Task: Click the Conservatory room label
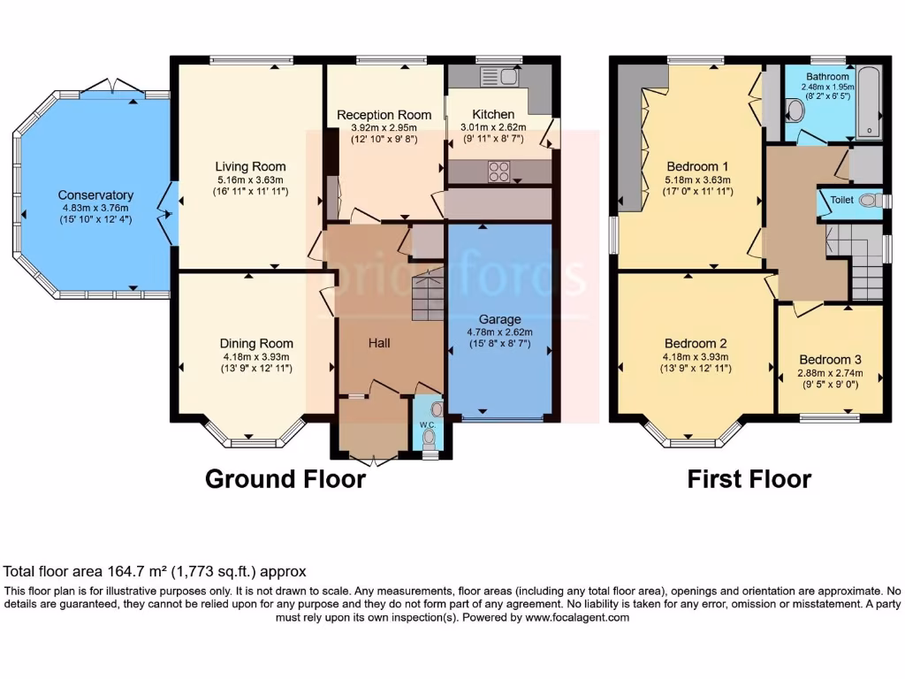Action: pyautogui.click(x=95, y=195)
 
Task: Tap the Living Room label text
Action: pyautogui.click(x=250, y=166)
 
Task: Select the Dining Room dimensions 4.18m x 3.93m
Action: pyautogui.click(x=256, y=357)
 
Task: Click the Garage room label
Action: pyautogui.click(x=500, y=319)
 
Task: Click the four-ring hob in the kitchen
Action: pyautogui.click(x=498, y=171)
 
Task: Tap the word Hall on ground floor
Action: pyautogui.click(x=379, y=342)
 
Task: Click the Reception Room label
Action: pyautogui.click(x=384, y=115)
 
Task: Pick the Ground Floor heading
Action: pyautogui.click(x=285, y=479)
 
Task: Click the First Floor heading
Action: pyautogui.click(x=749, y=479)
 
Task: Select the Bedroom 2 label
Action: pyautogui.click(x=696, y=343)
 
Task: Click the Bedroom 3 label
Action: pyautogui.click(x=830, y=360)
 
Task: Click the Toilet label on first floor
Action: pyautogui.click(x=841, y=201)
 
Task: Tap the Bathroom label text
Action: pyautogui.click(x=825, y=77)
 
